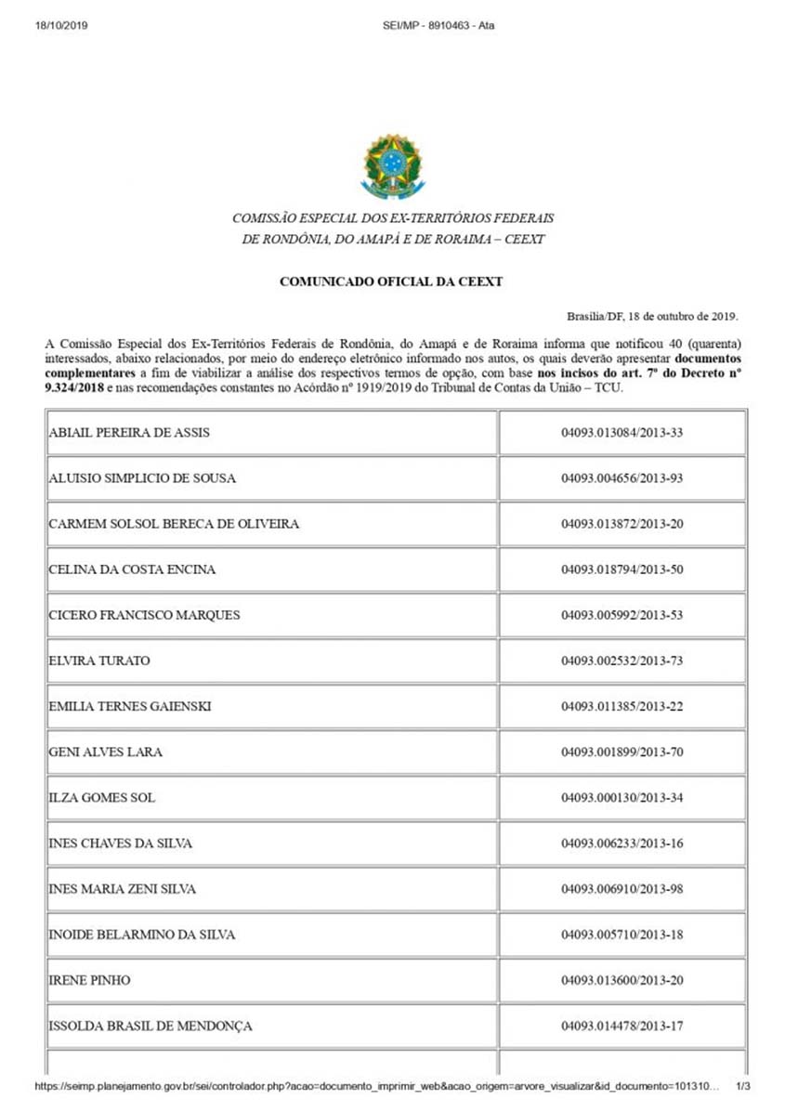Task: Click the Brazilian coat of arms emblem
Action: click(391, 166)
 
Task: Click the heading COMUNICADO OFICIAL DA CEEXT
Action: click(391, 281)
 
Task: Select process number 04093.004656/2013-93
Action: click(621, 478)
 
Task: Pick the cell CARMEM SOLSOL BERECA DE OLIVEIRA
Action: click(174, 524)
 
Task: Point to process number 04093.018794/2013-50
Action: click(621, 569)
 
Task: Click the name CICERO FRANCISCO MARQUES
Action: click(144, 615)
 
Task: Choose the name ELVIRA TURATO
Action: click(99, 661)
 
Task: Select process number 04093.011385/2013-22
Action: click(621, 707)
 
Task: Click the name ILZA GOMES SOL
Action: click(102, 798)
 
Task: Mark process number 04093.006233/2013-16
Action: click(621, 844)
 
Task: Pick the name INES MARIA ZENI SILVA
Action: click(123, 889)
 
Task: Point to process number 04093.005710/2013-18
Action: click(621, 935)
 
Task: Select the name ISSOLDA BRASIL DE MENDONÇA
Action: click(150, 1027)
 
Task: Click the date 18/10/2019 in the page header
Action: click(60, 25)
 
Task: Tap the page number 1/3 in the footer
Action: click(742, 1085)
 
